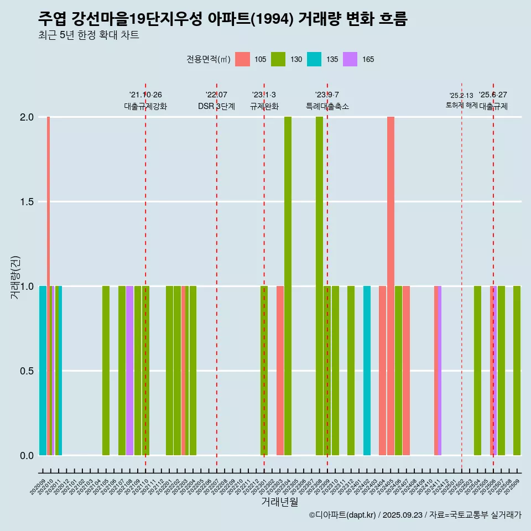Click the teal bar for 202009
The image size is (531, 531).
tap(43, 371)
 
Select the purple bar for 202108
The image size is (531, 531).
tap(129, 371)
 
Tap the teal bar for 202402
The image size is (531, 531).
tap(367, 371)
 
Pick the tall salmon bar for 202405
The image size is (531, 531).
tap(391, 286)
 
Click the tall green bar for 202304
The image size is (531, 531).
tap(288, 286)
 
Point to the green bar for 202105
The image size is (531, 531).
tap(106, 371)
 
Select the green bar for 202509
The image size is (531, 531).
tap(517, 371)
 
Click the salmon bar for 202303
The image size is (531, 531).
tap(280, 371)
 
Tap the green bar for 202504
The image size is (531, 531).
tap(477, 371)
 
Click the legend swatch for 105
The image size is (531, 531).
tap(243, 59)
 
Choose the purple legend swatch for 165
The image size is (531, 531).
tap(350, 59)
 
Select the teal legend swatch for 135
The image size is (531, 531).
tap(314, 59)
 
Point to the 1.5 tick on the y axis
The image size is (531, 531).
tap(27, 202)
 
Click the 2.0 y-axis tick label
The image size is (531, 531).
tap(27, 117)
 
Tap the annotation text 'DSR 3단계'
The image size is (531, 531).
tap(216, 106)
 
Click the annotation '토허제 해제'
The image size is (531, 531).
tap(461, 105)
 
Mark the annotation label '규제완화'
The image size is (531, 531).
tap(264, 106)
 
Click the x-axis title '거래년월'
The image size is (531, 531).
tap(279, 502)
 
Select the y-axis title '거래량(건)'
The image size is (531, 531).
tap(15, 278)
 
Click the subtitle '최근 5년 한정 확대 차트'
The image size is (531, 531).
tap(88, 35)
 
